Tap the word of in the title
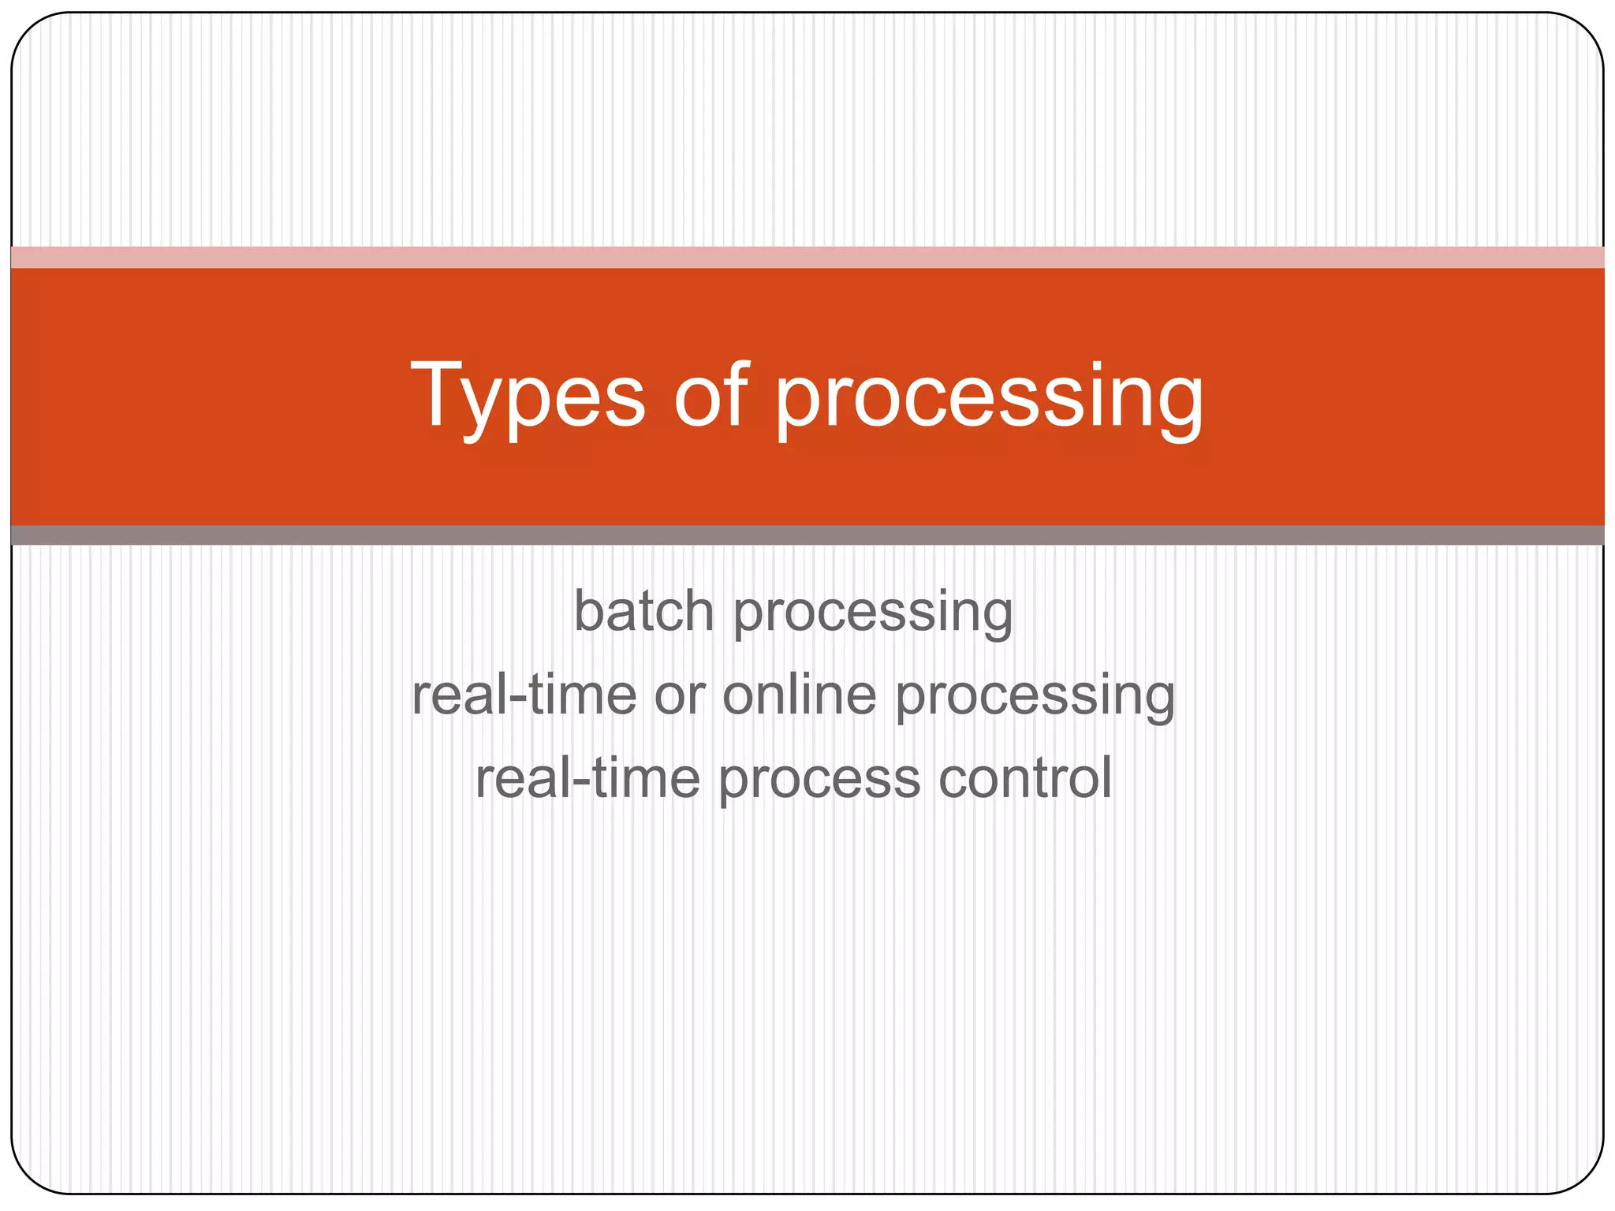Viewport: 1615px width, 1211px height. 711,393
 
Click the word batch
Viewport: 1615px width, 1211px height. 643,611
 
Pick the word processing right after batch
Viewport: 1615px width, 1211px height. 873,615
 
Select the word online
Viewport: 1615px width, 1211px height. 799,695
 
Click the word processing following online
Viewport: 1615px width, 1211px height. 1035,699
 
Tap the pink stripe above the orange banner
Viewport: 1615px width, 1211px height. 807,258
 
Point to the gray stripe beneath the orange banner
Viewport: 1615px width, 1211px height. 807,535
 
